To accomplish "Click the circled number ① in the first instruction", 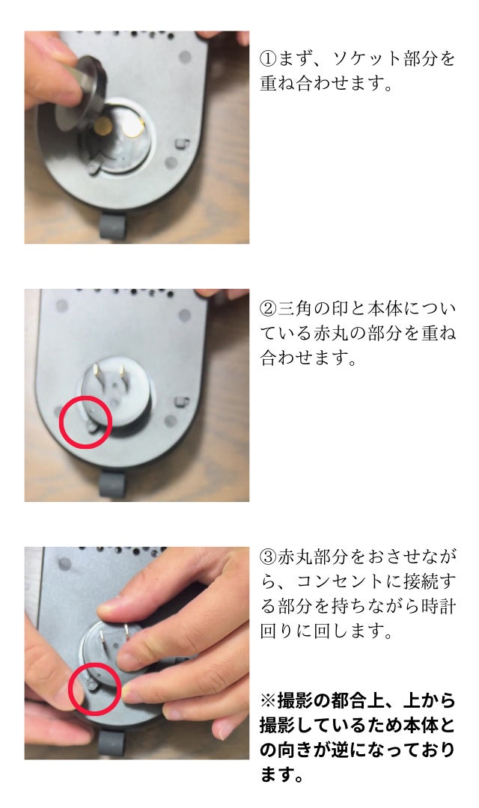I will pos(269,58).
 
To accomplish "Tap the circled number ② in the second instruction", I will pos(269,308).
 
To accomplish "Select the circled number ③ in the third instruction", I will pos(269,557).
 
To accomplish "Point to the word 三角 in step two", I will pos(298,308).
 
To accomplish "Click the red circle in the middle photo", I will pos(85,422).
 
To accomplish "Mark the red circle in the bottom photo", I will pos(95,688).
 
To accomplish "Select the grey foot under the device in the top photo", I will pos(112,226).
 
